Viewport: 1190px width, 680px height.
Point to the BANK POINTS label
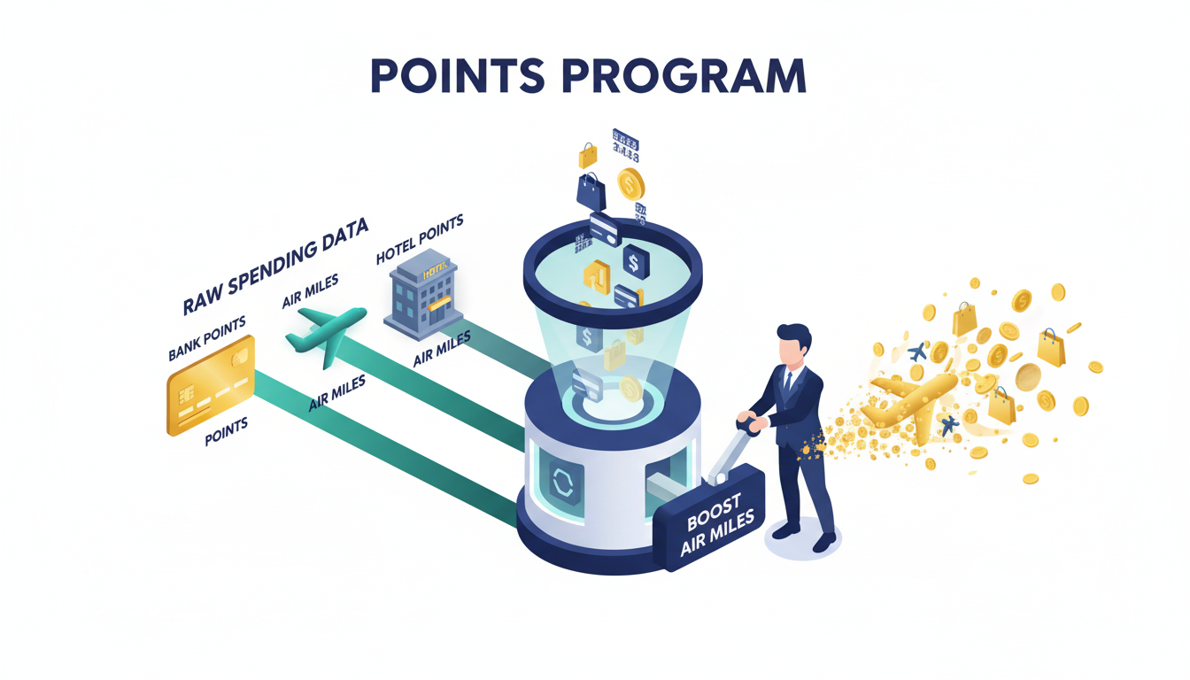(206, 339)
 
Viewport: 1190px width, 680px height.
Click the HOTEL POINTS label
(420, 239)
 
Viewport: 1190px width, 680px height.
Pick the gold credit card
(211, 385)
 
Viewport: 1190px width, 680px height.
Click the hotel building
(421, 296)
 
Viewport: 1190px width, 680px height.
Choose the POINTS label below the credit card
(227, 432)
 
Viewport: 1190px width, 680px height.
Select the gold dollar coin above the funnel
(630, 184)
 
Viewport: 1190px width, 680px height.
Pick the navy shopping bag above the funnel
(591, 189)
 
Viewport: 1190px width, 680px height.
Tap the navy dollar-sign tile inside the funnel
(634, 261)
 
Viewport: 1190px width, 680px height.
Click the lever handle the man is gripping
(749, 425)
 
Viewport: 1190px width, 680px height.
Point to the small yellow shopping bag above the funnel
(588, 157)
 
